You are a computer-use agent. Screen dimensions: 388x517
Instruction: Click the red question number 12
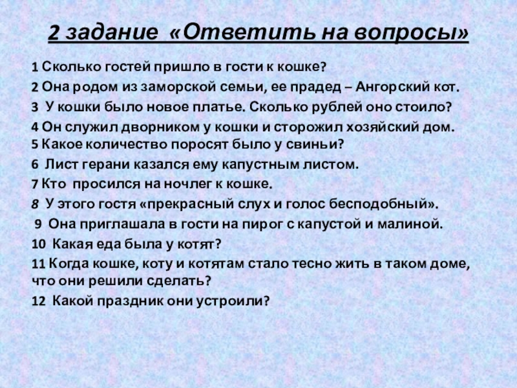tap(37, 301)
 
